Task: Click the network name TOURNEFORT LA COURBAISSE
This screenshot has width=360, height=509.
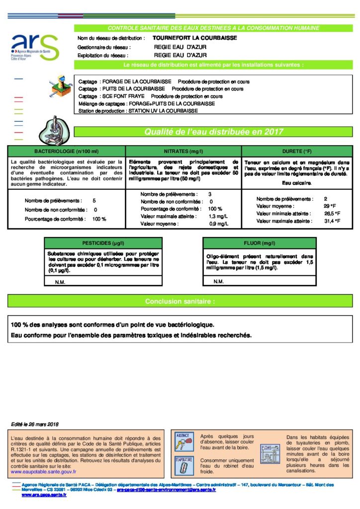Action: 187,38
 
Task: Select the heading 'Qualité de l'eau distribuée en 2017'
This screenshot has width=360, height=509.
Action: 213,132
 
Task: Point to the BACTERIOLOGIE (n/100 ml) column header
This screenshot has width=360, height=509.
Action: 66,151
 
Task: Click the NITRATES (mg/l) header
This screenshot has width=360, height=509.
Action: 183,151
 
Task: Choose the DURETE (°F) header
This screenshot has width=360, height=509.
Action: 296,151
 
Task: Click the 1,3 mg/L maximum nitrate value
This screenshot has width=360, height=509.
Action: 218,217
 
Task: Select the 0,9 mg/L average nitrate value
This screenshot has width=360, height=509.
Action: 218,224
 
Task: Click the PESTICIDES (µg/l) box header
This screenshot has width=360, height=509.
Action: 103,243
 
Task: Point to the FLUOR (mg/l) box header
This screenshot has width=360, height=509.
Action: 260,243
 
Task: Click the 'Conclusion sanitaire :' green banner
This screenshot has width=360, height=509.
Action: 180,301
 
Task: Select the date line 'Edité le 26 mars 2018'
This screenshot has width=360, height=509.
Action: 35,424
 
